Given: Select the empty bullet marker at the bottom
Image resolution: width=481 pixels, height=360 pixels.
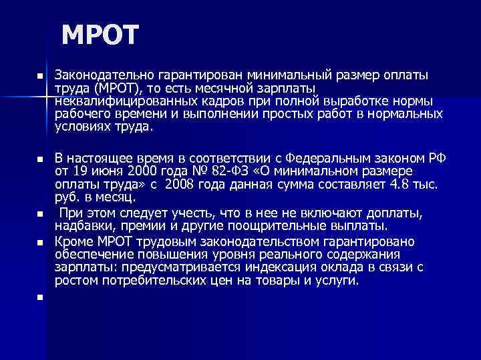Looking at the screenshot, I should click(x=40, y=297).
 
